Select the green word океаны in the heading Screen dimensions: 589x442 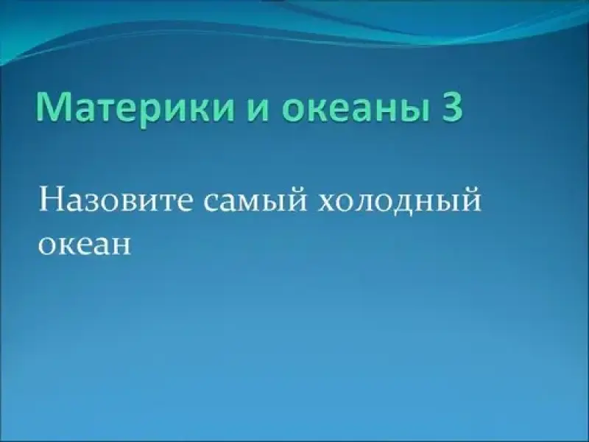[x=356, y=110]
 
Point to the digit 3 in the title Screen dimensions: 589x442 [x=452, y=107]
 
